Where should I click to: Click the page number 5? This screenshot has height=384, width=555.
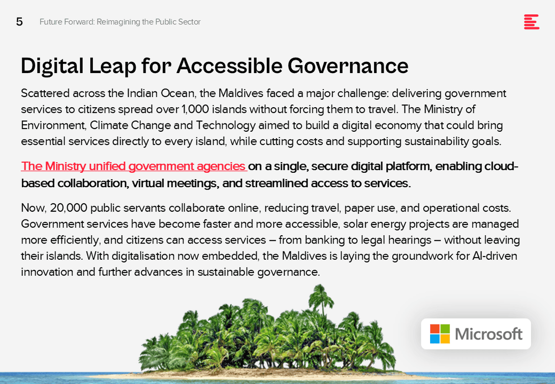(19, 22)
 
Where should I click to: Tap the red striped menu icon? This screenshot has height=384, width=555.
(531, 22)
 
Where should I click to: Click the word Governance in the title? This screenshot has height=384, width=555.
(348, 66)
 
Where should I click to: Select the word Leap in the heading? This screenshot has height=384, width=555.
(112, 67)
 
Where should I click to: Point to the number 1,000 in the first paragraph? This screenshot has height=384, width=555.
(195, 109)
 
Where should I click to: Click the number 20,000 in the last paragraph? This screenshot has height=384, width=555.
(68, 208)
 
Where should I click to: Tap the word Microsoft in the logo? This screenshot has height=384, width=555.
(488, 334)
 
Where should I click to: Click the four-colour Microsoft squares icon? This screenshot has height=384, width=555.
(440, 334)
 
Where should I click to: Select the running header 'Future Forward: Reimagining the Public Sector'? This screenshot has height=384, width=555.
(120, 22)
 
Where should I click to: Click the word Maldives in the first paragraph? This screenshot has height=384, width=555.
(240, 93)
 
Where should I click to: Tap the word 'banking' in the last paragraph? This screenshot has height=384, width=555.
(324, 240)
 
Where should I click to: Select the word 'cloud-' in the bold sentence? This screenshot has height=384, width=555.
(501, 166)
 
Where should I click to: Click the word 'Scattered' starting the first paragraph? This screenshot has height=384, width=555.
(45, 93)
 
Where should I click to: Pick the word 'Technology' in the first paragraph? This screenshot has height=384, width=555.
(226, 126)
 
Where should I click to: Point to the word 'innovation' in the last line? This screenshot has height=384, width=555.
(47, 272)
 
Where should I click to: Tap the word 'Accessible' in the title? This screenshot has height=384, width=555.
(229, 66)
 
